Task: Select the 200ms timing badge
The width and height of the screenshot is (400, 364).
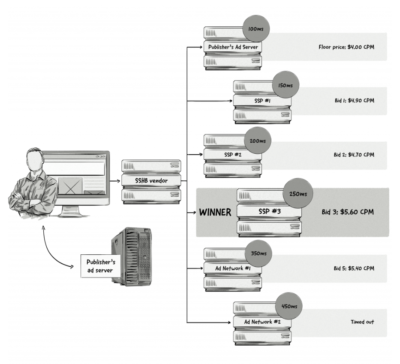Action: pos(257,140)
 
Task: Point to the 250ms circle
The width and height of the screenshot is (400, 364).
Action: pos(298,194)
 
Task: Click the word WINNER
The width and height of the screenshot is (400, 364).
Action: pos(215,212)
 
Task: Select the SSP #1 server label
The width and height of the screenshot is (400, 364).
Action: pos(262,101)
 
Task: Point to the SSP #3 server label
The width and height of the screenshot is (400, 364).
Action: pos(269,211)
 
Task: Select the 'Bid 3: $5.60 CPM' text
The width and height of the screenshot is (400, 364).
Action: pos(348,212)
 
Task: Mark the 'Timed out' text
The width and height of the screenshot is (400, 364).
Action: pos(362,322)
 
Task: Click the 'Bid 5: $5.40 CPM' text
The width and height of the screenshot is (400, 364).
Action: pos(354,269)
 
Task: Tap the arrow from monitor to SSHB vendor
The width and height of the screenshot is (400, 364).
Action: pos(114,181)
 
